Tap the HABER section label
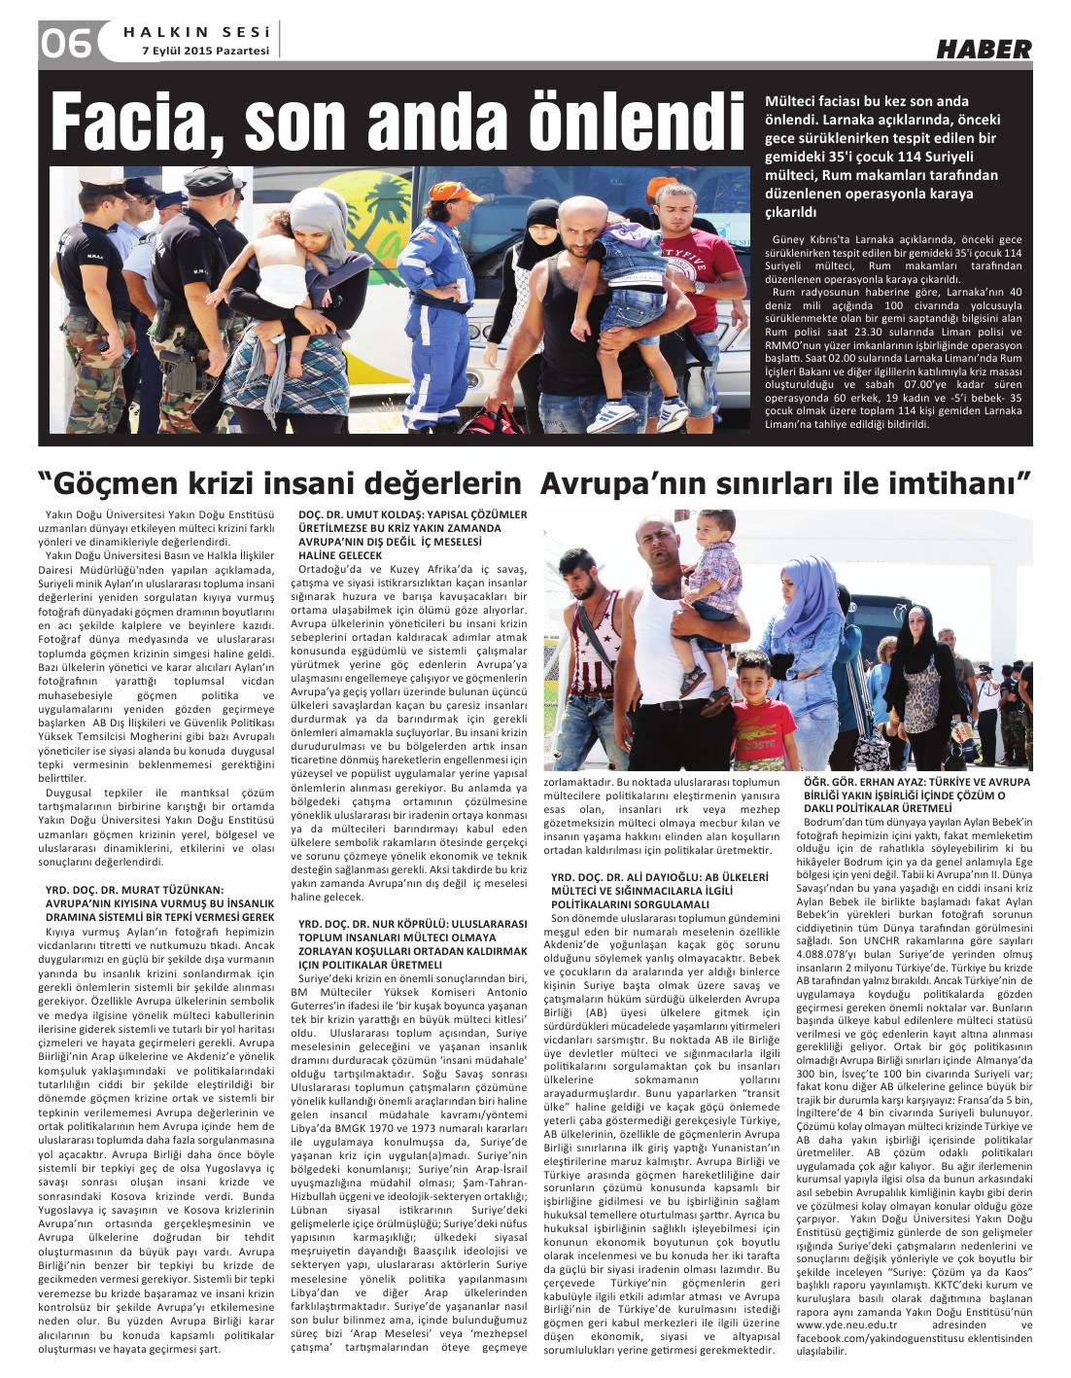coord(983,49)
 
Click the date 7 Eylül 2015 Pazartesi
coord(204,51)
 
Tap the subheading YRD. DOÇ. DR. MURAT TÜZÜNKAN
coord(135,889)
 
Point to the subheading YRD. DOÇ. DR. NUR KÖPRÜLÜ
coord(412,923)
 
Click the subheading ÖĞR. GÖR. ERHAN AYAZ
coord(916,782)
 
